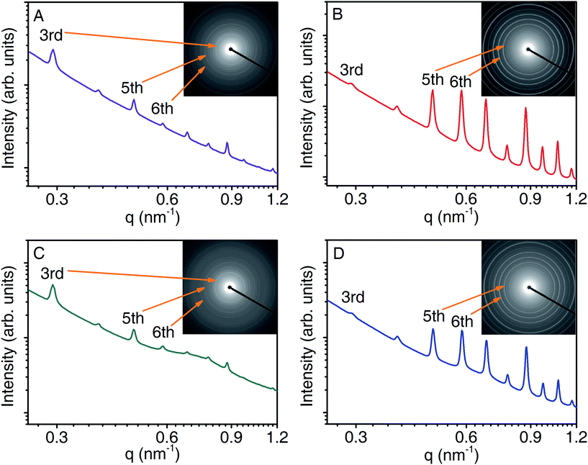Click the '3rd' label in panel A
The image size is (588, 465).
click(51, 33)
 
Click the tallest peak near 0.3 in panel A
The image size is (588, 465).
click(53, 51)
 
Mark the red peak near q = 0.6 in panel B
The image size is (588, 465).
click(461, 92)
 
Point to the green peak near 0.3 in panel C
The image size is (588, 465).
click(52, 286)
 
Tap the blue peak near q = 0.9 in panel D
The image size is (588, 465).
click(526, 348)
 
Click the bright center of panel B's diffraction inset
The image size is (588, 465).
click(527, 49)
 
